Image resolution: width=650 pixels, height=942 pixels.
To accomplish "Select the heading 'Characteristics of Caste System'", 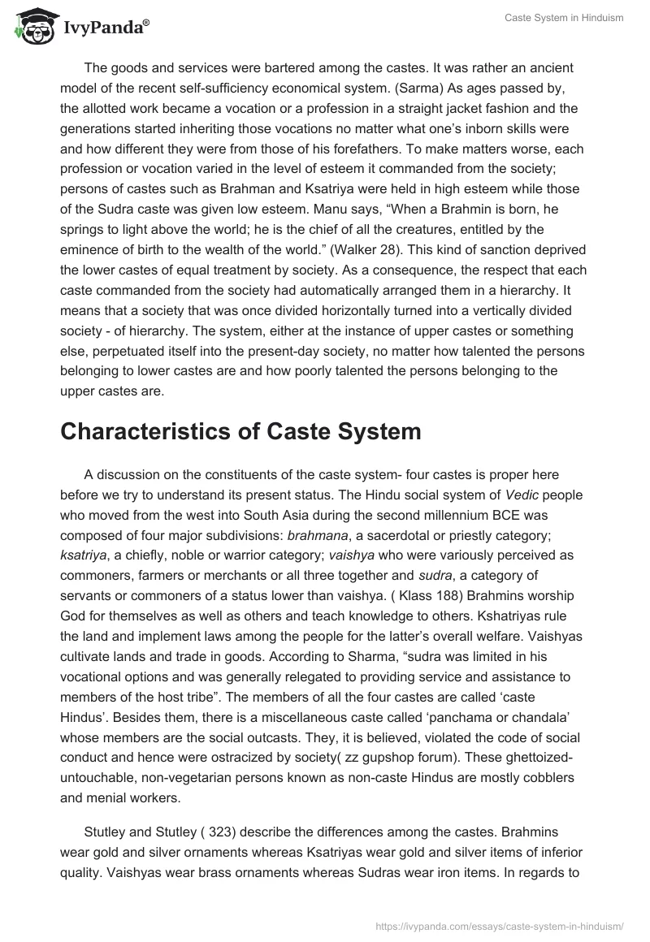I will point(240,431).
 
